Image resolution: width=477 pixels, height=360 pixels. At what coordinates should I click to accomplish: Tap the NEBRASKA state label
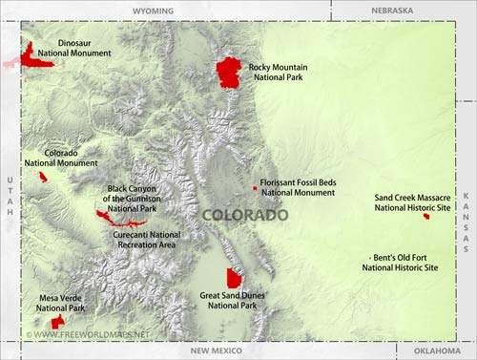pyautogui.click(x=391, y=11)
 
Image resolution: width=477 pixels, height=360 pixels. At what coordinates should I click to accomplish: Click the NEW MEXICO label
pyautogui.click(x=216, y=351)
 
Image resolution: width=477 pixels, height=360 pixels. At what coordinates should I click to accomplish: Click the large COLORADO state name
pyautogui.click(x=245, y=216)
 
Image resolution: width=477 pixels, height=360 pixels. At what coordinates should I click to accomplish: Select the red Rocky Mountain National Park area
pyautogui.click(x=229, y=72)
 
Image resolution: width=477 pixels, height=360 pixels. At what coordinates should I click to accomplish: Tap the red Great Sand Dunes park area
pyautogui.click(x=234, y=278)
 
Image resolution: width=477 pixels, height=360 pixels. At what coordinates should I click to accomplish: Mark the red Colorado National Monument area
pyautogui.click(x=43, y=177)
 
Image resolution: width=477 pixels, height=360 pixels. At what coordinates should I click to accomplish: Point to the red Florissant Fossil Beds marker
pyautogui.click(x=255, y=188)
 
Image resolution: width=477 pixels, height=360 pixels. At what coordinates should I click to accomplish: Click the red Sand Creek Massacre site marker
pyautogui.click(x=426, y=217)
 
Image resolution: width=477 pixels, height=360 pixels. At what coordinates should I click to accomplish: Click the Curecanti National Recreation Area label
pyautogui.click(x=146, y=240)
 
